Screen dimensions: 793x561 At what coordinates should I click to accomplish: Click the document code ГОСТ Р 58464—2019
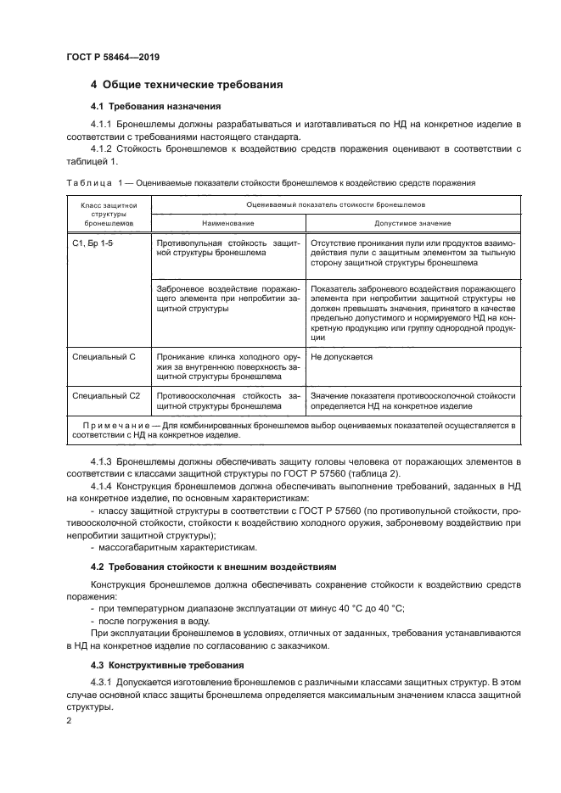(x=112, y=57)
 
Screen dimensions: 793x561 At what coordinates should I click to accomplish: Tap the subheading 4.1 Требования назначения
(x=155, y=107)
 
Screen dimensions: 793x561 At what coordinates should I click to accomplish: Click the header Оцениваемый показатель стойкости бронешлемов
(x=336, y=204)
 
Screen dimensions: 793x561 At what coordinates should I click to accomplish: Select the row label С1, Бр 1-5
(x=93, y=242)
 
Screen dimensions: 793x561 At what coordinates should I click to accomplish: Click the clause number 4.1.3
(x=102, y=461)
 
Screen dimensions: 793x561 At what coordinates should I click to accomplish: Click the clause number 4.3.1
(x=102, y=682)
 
